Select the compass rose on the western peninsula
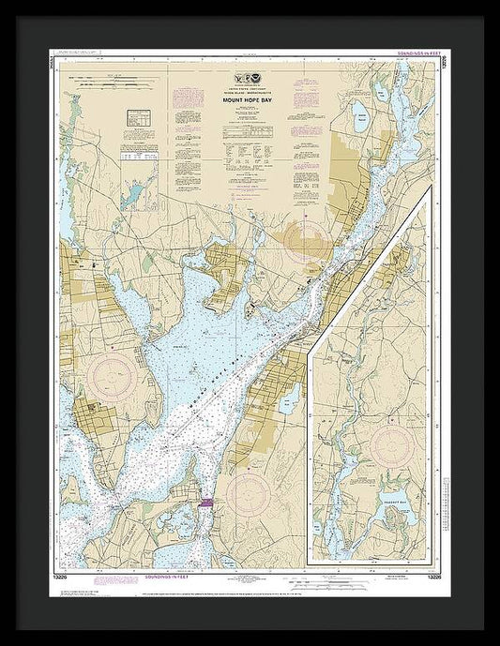113,378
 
